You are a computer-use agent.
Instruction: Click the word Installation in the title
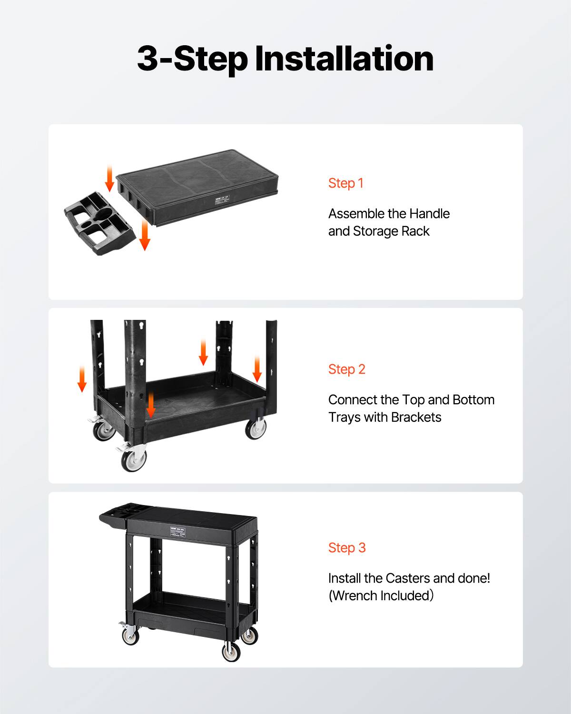[344, 59]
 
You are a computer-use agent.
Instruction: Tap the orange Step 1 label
[346, 183]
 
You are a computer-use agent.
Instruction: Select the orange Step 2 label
[347, 369]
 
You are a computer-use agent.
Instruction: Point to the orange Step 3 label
[347, 548]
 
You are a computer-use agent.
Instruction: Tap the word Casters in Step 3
[408, 578]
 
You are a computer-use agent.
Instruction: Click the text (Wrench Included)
[381, 596]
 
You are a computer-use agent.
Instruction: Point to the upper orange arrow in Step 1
[109, 179]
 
